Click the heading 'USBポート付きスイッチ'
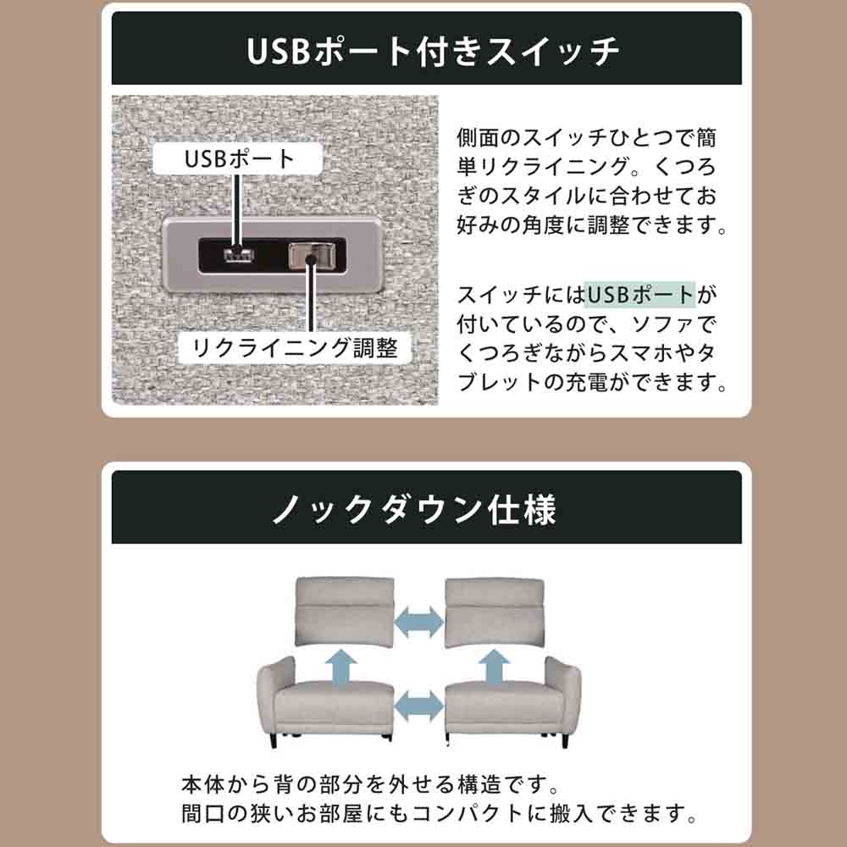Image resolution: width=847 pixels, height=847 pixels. point(433,51)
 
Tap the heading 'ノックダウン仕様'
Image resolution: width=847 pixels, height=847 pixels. point(414,509)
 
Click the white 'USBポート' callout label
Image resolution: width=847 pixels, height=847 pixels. point(238,159)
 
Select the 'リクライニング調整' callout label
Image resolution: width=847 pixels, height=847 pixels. point(295,348)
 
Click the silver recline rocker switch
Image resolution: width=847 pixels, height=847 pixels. point(312,256)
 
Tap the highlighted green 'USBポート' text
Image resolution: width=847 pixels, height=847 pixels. point(639,295)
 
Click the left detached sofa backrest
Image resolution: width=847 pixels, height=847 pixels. point(345,612)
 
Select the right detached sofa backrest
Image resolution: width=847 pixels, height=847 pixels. point(495,613)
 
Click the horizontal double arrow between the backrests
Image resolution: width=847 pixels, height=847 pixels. point(419,622)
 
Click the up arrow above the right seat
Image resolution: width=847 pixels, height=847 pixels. point(495,667)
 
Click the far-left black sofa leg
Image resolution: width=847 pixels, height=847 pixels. point(273,740)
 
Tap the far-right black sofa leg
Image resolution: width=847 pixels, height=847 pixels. point(564,740)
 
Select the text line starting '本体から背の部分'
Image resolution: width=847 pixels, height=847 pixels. point(370,785)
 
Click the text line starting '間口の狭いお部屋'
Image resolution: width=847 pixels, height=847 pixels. point(439,814)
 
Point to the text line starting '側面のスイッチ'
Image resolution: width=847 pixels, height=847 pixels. point(587,138)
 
